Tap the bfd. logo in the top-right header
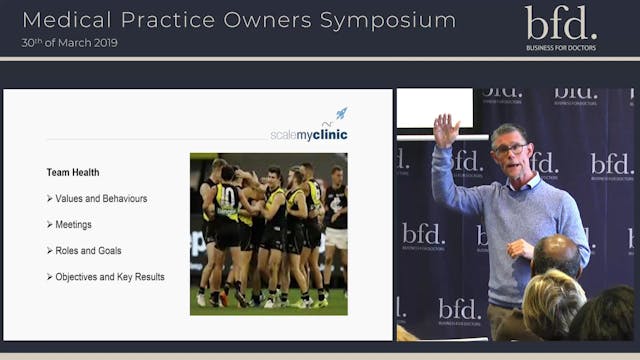point(560,21)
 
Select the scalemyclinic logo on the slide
point(309,134)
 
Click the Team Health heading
point(73,172)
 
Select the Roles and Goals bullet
point(89,250)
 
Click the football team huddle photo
point(268,233)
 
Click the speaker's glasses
point(511,148)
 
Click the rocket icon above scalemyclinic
point(341,113)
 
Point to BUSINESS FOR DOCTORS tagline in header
point(560,46)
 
